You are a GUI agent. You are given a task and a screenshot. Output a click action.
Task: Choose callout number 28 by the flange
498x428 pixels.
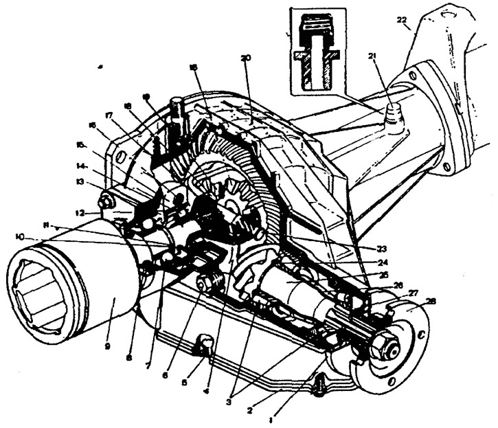point(430,301)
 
